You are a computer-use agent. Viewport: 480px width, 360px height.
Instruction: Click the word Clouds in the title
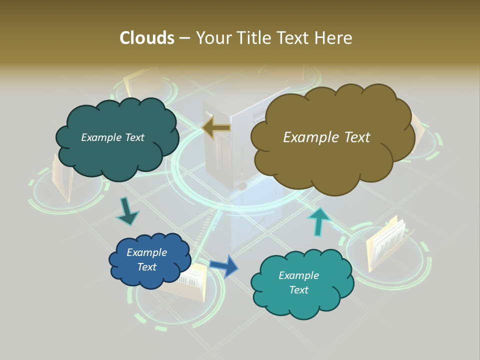[146, 38]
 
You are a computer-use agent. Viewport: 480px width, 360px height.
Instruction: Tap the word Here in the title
[334, 38]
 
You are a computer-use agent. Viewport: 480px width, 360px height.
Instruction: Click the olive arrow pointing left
[216, 128]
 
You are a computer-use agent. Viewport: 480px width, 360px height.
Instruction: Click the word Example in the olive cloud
[307, 137]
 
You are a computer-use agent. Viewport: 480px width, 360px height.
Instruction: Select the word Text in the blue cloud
[146, 267]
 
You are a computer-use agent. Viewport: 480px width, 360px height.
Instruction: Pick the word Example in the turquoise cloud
[298, 275]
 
